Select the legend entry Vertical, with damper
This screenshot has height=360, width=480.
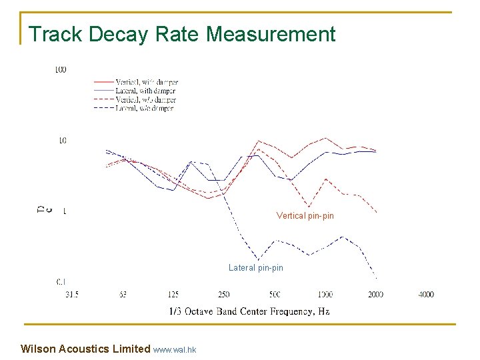coord(146,82)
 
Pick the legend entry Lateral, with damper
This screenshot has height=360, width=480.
coord(145,91)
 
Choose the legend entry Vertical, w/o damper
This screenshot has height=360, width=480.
coord(145,99)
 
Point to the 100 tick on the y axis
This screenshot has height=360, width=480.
coord(61,69)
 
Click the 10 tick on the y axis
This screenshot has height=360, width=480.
coord(62,141)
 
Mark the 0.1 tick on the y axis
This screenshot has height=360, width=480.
coord(61,282)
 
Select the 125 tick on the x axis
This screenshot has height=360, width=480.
coord(173,294)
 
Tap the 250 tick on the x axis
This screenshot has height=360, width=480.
coord(223,294)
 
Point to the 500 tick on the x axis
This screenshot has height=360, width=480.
coord(274,294)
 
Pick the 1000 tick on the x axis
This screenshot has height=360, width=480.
coord(325,294)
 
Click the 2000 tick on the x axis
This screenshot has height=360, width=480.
coord(375,294)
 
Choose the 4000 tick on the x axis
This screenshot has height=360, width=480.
coord(426,294)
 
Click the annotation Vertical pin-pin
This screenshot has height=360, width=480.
coord(305,215)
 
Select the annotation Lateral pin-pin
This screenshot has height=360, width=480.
coord(255,267)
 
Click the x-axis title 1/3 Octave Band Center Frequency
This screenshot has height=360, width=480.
coord(249,311)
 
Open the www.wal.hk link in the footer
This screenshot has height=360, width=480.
coord(174,349)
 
